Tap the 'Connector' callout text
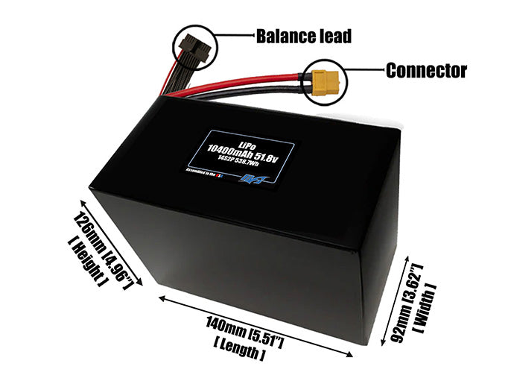pyautogui.click(x=425, y=71)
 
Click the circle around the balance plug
pyautogui.click(x=191, y=46)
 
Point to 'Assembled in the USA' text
pyautogui.click(x=212, y=172)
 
